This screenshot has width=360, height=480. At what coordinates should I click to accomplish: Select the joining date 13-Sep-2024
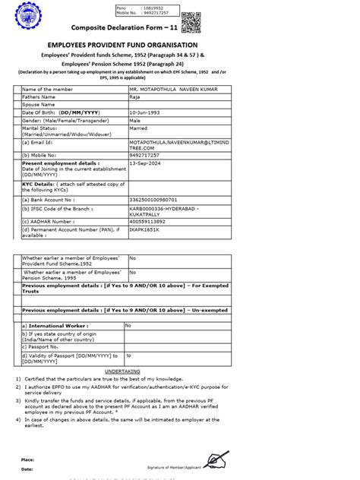pos(144,162)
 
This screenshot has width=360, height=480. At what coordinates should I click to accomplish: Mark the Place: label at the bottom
pos(27,459)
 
